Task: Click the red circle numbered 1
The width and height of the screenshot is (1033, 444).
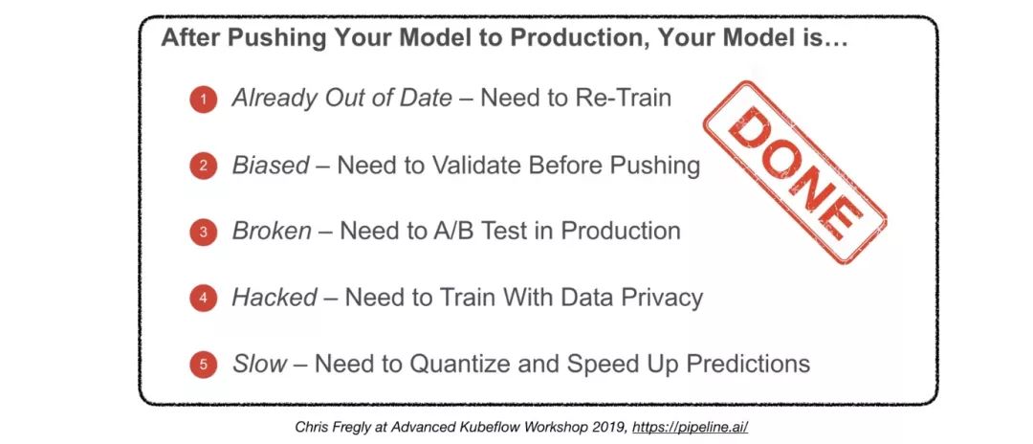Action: pos(204,100)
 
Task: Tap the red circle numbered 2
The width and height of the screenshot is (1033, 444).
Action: pos(204,166)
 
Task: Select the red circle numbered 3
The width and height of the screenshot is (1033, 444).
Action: pos(204,233)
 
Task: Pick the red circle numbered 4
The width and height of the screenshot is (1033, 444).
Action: pos(204,299)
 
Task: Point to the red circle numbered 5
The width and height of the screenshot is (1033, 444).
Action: pos(204,365)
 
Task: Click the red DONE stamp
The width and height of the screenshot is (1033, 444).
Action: pos(795,172)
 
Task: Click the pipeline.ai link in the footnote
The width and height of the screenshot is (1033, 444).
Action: pos(690,427)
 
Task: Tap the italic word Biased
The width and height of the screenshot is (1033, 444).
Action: pos(271,166)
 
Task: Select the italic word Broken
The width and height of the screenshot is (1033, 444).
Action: pos(272,231)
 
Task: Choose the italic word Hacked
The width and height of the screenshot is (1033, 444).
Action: pos(275,297)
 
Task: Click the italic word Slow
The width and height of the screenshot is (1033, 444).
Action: pos(259,363)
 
